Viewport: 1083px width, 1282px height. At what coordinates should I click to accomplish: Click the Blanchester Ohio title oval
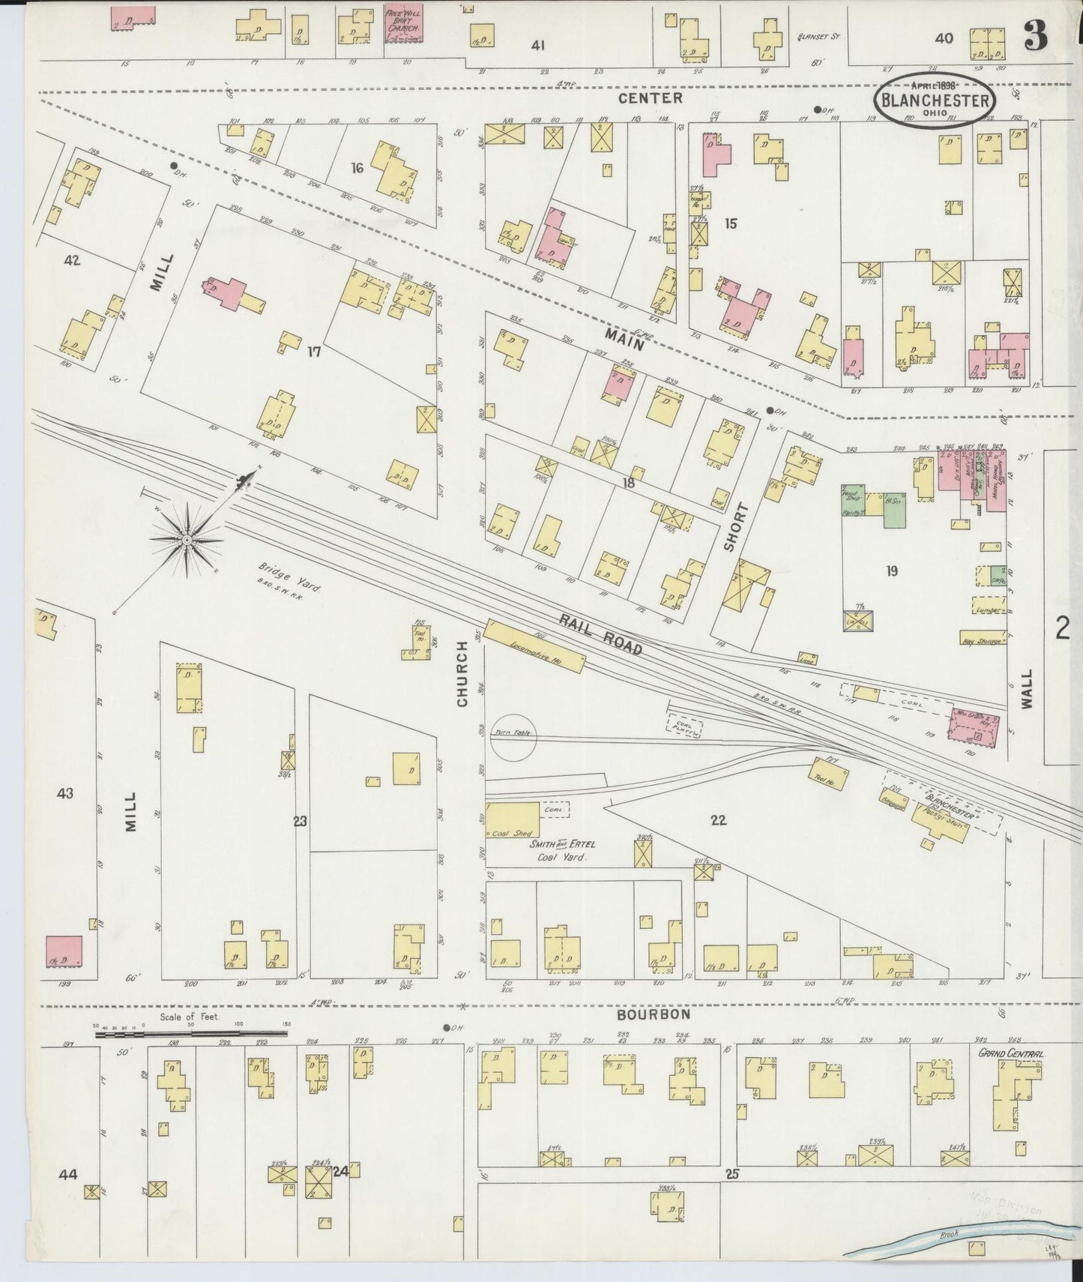[935, 100]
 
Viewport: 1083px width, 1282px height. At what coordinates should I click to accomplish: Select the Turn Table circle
[513, 736]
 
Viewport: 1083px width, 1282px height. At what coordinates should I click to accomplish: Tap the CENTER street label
[650, 98]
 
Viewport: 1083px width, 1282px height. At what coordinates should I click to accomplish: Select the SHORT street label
[734, 528]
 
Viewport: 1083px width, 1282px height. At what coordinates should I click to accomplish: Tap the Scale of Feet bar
[190, 1035]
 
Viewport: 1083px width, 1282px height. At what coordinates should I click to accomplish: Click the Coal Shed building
[513, 821]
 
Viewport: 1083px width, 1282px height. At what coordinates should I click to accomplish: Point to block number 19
[891, 571]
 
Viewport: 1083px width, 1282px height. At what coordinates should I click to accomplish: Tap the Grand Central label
[1011, 1053]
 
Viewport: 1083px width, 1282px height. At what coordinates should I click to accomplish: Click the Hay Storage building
[983, 638]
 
